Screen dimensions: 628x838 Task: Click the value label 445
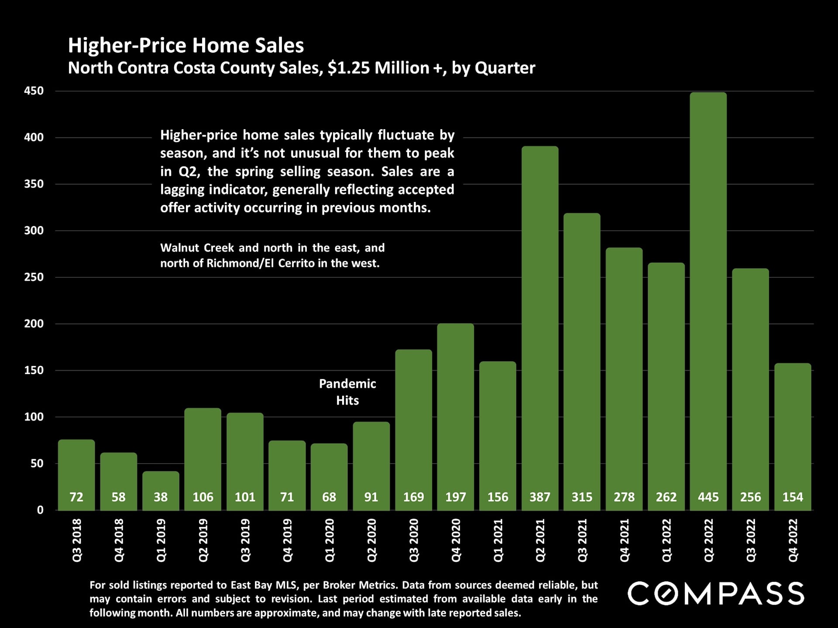708,497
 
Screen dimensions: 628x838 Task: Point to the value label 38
161,497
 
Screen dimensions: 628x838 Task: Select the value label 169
413,497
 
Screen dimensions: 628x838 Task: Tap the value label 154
793,497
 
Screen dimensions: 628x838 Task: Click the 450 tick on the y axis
34,91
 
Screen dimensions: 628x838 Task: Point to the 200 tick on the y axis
34,324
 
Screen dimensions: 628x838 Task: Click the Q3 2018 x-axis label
77,540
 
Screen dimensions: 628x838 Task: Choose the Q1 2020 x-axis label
330,540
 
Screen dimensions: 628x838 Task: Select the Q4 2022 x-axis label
793,540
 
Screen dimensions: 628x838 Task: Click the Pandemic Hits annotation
347,392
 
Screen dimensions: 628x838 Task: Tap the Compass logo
716,593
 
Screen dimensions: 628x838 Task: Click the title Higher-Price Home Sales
186,45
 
